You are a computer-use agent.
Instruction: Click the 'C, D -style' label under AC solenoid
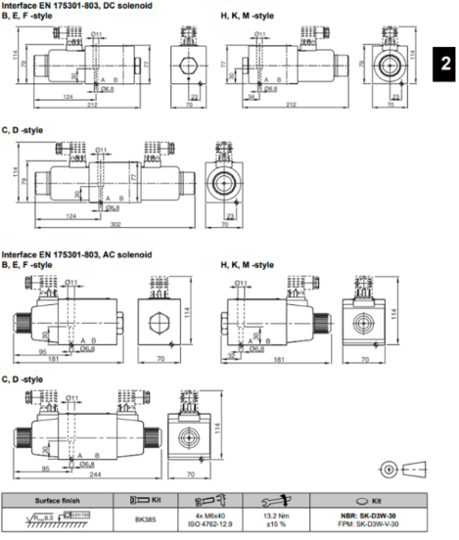point(23,379)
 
